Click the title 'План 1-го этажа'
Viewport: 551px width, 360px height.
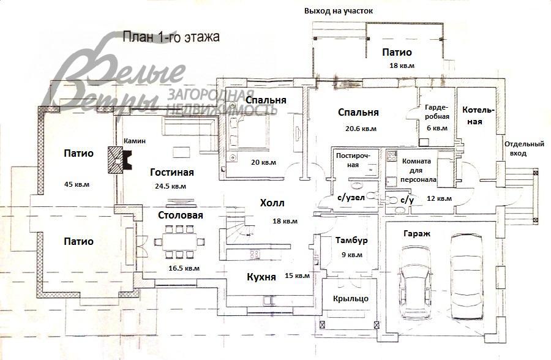pyautogui.click(x=171, y=37)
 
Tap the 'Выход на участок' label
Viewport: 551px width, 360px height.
pyautogui.click(x=338, y=11)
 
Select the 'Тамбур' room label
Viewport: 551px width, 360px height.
pyautogui.click(x=350, y=240)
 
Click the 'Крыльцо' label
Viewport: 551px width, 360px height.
pyautogui.click(x=351, y=298)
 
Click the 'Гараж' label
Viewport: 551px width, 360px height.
pyautogui.click(x=416, y=234)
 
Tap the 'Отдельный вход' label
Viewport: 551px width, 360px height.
pyautogui.click(x=524, y=149)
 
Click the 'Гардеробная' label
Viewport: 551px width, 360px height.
pyautogui.click(x=437, y=111)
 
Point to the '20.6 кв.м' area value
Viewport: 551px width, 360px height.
pyautogui.click(x=361, y=129)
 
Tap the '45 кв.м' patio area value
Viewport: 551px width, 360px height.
pyautogui.click(x=77, y=184)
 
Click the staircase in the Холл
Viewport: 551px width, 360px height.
pyautogui.click(x=237, y=226)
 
